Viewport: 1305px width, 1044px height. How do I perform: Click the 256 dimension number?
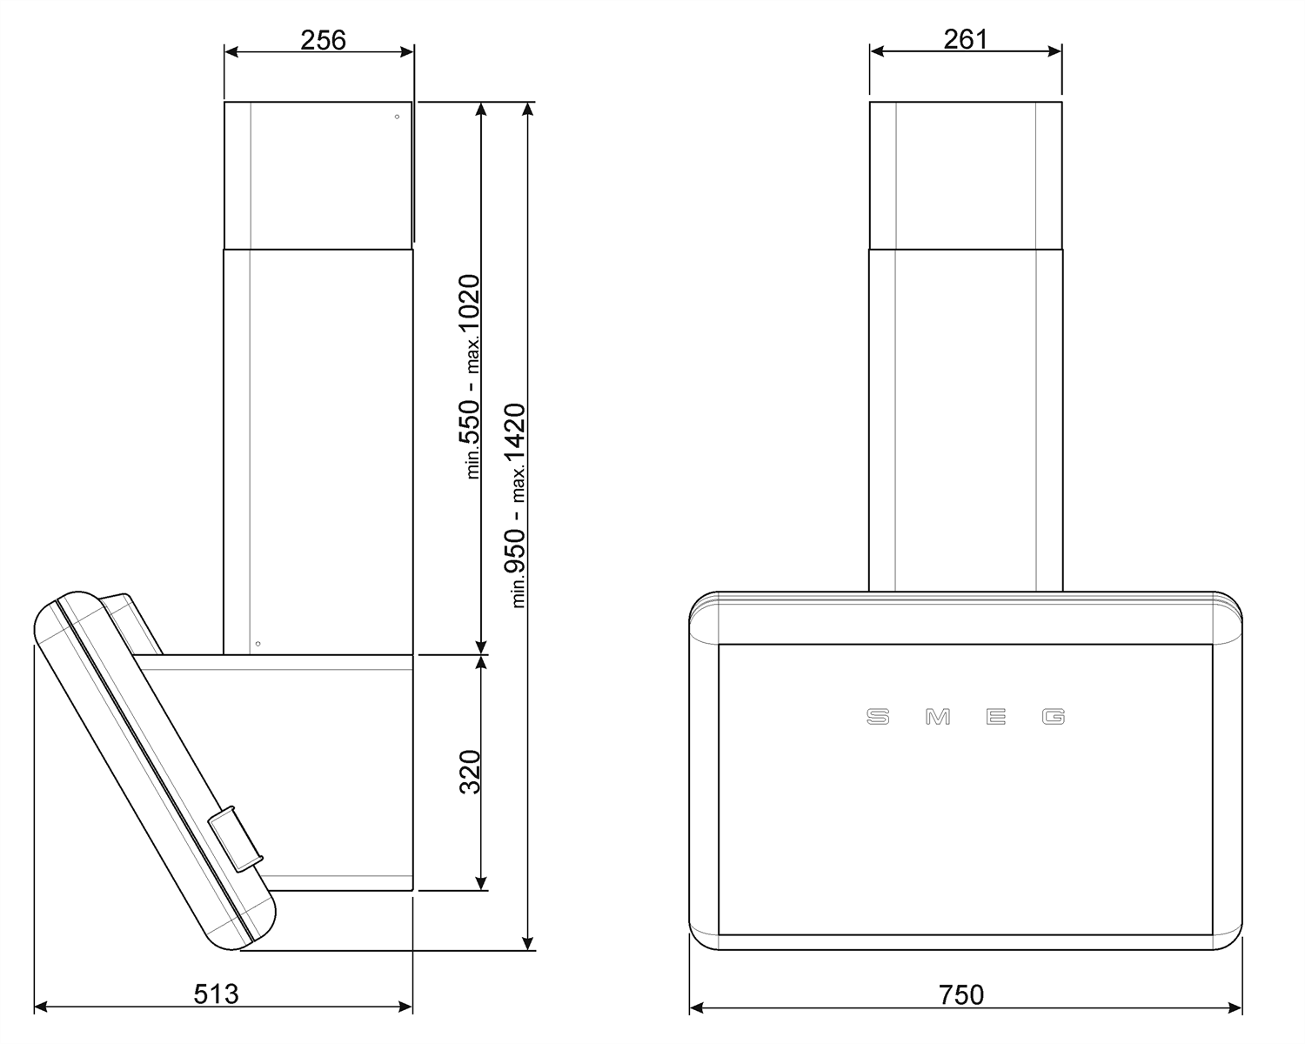click(324, 40)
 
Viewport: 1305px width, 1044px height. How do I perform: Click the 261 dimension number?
click(966, 39)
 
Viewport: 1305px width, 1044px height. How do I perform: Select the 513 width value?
click(216, 994)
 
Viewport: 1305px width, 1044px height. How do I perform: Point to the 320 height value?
click(470, 772)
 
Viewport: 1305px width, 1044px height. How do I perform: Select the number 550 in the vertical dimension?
click(470, 422)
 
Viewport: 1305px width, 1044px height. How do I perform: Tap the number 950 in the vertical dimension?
click(515, 551)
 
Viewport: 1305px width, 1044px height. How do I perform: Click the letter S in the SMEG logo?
click(878, 716)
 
